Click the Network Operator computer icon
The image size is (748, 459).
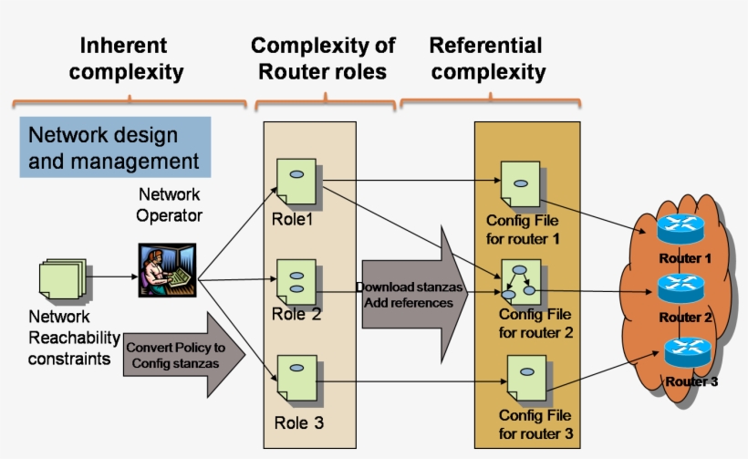167,270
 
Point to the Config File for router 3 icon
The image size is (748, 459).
525,380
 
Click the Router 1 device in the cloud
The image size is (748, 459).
680,228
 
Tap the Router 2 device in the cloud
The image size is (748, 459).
683,288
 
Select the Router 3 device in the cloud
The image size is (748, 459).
689,351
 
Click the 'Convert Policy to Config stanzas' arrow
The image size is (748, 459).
184,355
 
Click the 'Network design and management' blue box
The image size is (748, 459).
115,147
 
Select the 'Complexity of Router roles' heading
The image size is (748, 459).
323,58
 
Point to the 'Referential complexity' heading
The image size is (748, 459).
486,58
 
